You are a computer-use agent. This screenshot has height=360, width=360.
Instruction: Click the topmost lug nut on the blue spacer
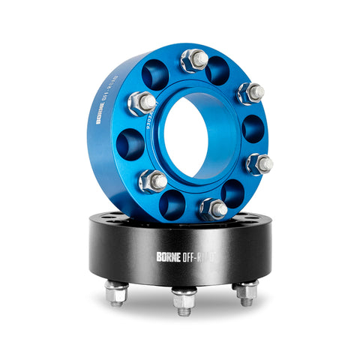coord(195,58)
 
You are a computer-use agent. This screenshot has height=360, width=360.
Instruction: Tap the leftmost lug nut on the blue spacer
coord(142,102)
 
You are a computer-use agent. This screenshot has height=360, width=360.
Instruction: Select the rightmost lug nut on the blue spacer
coord(259,163)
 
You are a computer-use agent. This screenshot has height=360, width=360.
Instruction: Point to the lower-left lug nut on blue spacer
coord(154,179)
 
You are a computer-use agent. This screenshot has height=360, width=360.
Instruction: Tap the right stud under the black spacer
coord(246,292)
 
